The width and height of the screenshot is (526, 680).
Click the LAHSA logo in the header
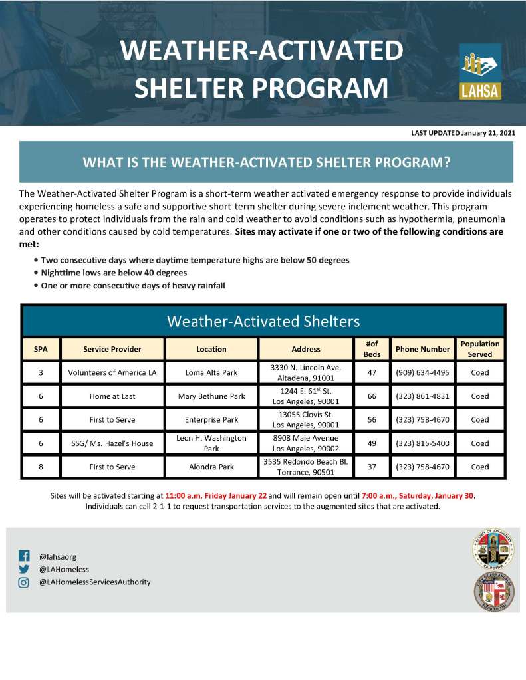[x=480, y=72]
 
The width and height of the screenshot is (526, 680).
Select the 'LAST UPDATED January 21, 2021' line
[x=463, y=133]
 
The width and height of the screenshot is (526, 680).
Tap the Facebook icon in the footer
[x=24, y=556]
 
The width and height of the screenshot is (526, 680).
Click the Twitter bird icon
[x=24, y=570]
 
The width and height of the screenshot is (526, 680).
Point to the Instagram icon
[x=24, y=582]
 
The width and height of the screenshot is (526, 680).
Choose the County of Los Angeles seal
[x=493, y=549]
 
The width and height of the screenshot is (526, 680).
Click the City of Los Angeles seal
[x=494, y=592]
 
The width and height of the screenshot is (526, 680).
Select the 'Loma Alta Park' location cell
[x=211, y=372]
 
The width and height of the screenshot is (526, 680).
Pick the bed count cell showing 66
[x=372, y=396]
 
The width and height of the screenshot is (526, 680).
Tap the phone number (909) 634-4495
[x=422, y=372]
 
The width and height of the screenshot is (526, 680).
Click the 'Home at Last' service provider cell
[x=112, y=396]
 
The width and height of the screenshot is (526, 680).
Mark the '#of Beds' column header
[x=372, y=349]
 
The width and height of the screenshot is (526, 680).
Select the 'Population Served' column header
[x=480, y=349]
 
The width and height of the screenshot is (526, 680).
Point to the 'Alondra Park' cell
[x=211, y=467]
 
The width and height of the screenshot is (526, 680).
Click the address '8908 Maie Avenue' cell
[x=306, y=443]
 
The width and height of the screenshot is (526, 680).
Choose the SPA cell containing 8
[x=41, y=467]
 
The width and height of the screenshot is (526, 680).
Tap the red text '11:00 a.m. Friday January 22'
[x=215, y=496]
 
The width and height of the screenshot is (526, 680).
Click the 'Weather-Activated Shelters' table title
[x=263, y=321]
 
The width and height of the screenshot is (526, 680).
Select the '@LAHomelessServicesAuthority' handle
[x=95, y=582]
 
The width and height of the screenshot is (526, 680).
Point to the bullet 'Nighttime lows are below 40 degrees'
[x=114, y=273]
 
